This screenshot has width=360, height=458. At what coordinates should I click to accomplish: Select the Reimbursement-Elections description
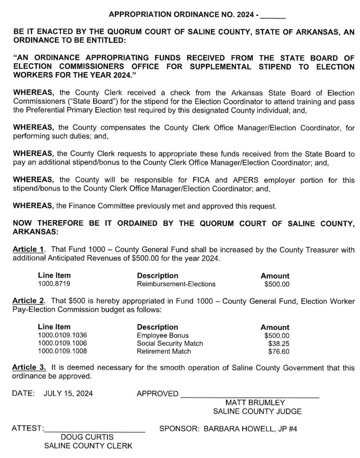(x=176, y=284)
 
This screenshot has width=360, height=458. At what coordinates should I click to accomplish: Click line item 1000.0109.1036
(x=62, y=335)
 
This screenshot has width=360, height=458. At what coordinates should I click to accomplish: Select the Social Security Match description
(x=170, y=343)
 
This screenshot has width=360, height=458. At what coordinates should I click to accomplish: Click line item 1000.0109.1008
(x=62, y=351)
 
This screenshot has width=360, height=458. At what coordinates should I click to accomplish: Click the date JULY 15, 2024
(x=68, y=394)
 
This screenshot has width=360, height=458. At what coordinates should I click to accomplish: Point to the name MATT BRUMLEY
(x=249, y=403)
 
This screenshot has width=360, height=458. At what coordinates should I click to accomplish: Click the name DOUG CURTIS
(x=87, y=438)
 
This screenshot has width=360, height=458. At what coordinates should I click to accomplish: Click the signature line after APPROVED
(x=249, y=397)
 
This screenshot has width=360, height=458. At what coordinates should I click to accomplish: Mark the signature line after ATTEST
(x=95, y=431)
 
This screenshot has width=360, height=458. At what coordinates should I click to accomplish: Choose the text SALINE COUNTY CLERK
(x=88, y=446)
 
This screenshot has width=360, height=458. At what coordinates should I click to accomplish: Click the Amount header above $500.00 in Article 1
(x=275, y=276)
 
